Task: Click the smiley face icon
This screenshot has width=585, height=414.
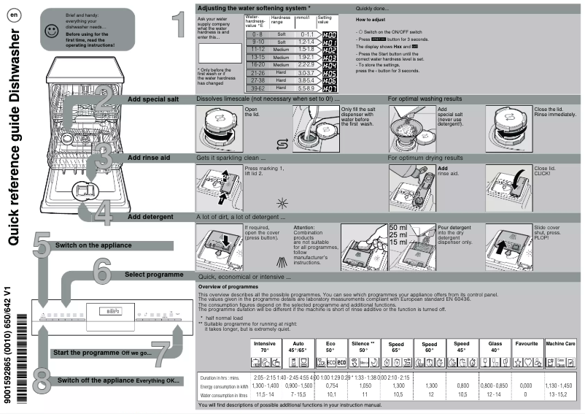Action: pos(50,31)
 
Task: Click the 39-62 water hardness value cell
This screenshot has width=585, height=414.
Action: pos(257,89)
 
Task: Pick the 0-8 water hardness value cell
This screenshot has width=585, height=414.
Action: pos(257,34)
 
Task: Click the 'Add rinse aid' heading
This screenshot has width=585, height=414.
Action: pos(149,157)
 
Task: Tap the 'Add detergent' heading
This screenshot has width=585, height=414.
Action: pos(150,217)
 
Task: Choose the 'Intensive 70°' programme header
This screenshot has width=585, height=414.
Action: pos(265,346)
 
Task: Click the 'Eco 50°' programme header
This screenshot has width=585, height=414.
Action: pos(331,346)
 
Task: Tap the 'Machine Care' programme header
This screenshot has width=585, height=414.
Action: pos(560,343)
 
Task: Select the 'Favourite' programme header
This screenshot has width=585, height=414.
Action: pos(527,343)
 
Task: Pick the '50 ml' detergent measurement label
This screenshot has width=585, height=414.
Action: pos(398,229)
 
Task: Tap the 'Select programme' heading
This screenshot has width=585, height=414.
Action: pos(154,275)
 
